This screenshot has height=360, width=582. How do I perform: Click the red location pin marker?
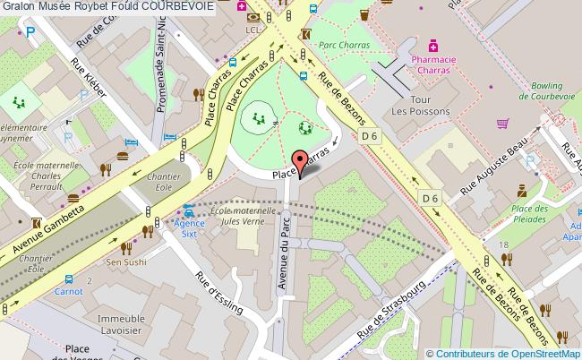click(x=304, y=161)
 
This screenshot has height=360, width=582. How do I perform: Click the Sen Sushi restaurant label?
click(x=126, y=262)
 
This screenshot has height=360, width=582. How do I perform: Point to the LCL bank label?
click(x=252, y=32)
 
